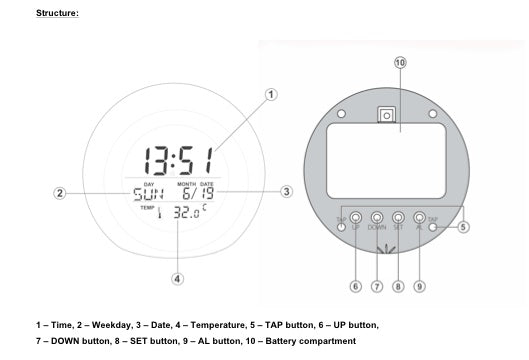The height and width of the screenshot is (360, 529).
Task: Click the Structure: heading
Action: [57, 13]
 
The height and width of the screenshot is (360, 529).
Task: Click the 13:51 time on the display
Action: [179, 161]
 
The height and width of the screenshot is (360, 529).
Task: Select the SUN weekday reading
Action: [148, 194]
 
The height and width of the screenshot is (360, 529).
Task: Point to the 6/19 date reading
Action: [198, 193]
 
